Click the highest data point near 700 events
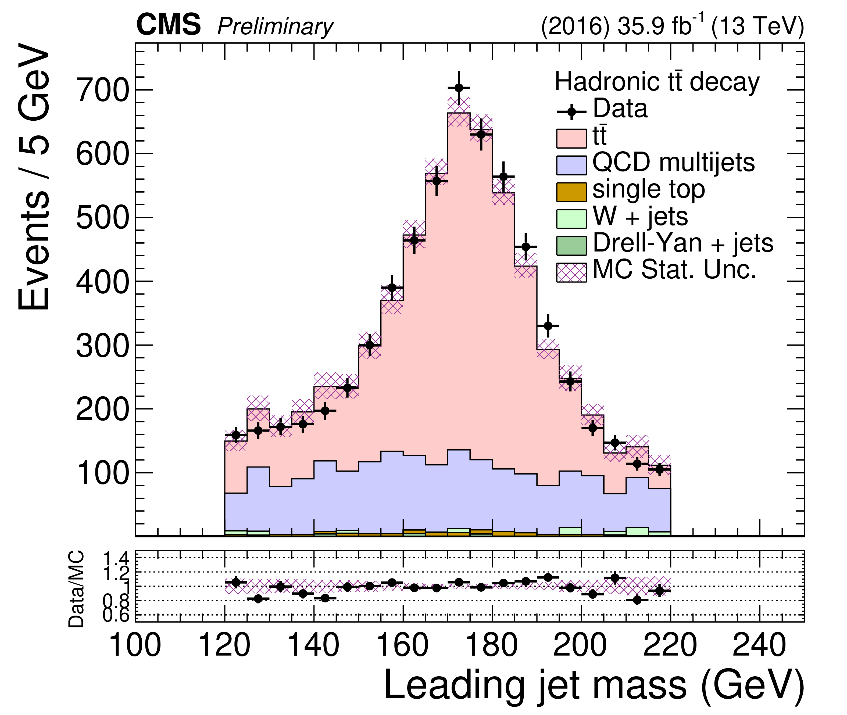(459, 88)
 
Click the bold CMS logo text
(168, 25)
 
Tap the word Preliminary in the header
(275, 27)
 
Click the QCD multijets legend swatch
(571, 165)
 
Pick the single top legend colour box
(571, 192)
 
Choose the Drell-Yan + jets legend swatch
(571, 246)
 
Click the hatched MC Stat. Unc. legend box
(571, 272)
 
